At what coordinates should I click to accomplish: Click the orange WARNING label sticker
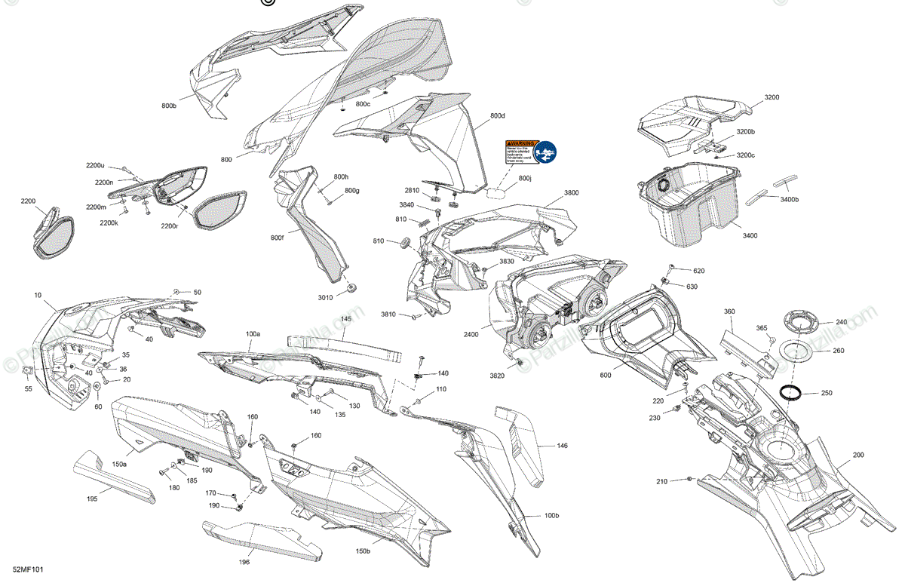tap(520, 152)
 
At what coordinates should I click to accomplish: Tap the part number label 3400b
tap(789, 200)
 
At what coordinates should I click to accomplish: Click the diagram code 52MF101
tap(28, 569)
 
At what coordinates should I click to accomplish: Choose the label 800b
tap(169, 106)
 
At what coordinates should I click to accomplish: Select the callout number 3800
tap(572, 193)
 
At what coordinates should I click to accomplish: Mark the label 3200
tap(772, 98)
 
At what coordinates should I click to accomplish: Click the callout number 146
tap(563, 446)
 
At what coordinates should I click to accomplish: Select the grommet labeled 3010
tap(352, 289)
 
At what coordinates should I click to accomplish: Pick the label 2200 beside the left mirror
tap(28, 201)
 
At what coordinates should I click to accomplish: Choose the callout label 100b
tap(551, 516)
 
